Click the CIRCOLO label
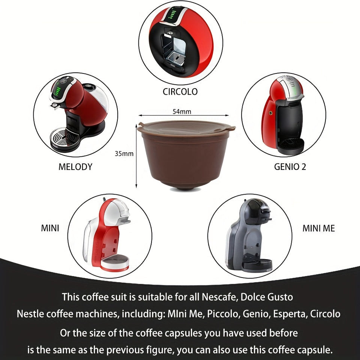[180, 91]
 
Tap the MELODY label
[75, 167]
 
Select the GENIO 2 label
[290, 167]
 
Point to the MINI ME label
[319, 228]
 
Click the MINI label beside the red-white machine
[50, 228]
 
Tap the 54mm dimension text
[181, 111]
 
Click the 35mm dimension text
[124, 154]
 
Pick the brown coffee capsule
[186, 154]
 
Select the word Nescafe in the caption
[220, 297]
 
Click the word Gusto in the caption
[279, 297]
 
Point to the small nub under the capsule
[186, 189]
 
